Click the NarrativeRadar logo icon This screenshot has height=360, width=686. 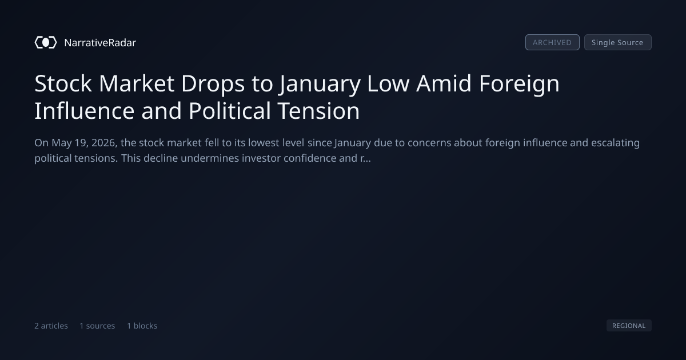[46, 42]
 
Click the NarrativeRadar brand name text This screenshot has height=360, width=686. [100, 43]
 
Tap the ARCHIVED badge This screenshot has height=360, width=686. [552, 42]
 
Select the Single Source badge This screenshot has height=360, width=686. [618, 42]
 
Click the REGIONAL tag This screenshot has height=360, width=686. [629, 325]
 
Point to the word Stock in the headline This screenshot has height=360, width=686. [63, 83]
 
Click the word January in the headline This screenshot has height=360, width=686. [320, 85]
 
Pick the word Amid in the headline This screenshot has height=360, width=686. [444, 83]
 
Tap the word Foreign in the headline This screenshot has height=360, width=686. [519, 85]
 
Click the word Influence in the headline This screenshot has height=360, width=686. [84, 111]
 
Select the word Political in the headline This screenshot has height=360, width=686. [230, 111]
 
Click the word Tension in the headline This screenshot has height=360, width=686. [318, 111]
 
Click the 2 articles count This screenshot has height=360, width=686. [51, 326]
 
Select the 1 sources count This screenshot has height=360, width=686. [97, 326]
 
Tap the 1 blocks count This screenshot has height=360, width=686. [142, 326]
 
